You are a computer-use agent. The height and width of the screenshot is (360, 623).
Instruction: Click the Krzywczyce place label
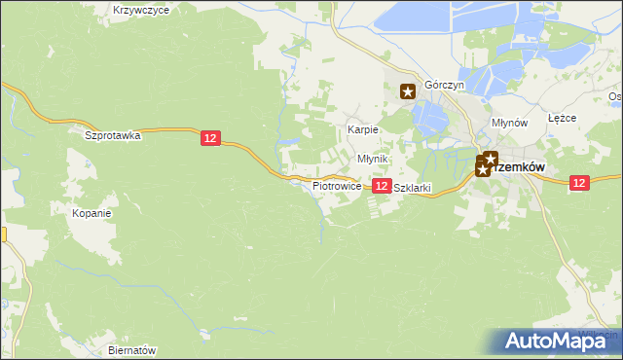pyautogui.click(x=141, y=10)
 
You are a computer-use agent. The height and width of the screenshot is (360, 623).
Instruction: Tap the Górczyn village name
pyautogui.click(x=444, y=85)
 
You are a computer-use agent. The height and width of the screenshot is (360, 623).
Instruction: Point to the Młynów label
pyautogui.click(x=509, y=124)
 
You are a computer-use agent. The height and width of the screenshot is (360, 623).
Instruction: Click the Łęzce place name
pyautogui.click(x=563, y=118)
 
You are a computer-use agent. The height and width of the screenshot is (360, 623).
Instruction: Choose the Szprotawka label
pyautogui.click(x=113, y=136)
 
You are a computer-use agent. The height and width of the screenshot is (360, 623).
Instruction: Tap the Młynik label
pyautogui.click(x=373, y=159)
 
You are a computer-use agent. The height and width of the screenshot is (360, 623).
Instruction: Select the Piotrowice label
pyautogui.click(x=337, y=185)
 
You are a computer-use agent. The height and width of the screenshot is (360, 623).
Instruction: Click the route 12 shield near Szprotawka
pyautogui.click(x=211, y=139)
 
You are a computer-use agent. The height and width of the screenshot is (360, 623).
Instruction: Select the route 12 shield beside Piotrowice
pyautogui.click(x=382, y=185)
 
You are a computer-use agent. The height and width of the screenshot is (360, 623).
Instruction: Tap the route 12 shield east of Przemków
pyautogui.click(x=579, y=182)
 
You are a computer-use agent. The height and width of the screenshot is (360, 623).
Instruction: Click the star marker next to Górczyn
pyautogui.click(x=409, y=91)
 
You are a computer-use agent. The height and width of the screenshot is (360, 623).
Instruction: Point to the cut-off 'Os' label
pyautogui.click(x=614, y=96)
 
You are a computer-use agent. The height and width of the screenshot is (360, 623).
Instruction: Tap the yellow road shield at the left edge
pyautogui.click(x=3, y=234)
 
